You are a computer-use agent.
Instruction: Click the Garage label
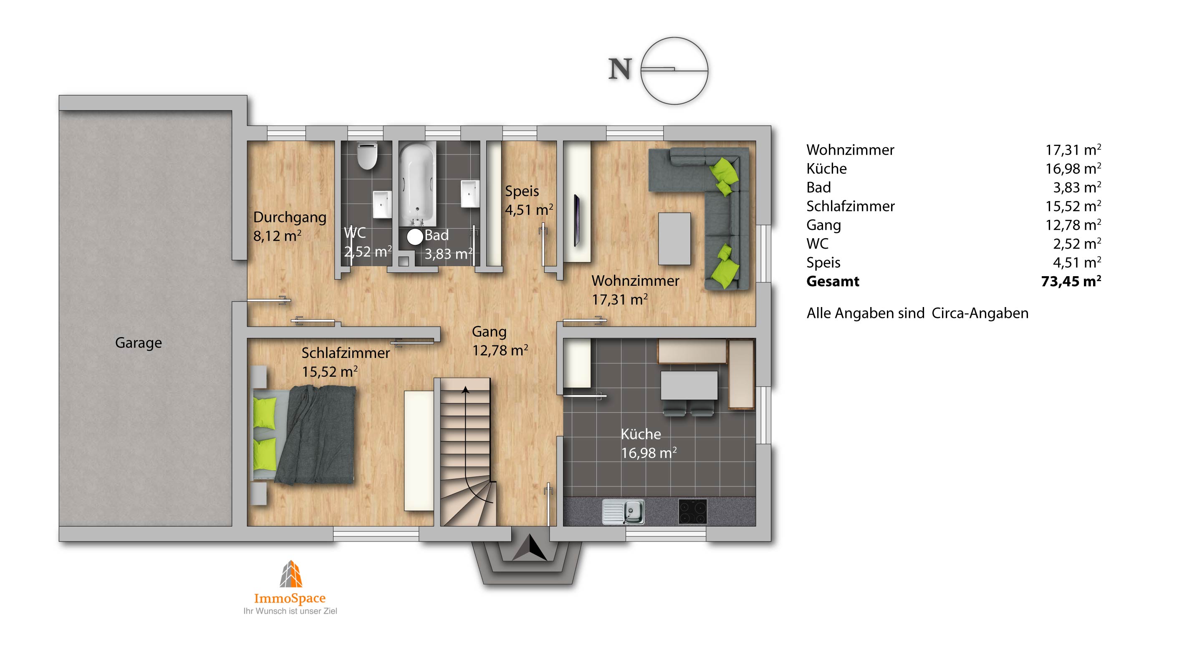[138, 343]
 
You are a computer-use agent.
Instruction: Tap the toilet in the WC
[367, 155]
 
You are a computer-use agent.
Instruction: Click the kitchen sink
[624, 511]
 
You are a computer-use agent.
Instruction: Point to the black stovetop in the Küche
[692, 511]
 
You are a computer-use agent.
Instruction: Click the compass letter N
[620, 70]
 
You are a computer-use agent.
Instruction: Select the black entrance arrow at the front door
[530, 547]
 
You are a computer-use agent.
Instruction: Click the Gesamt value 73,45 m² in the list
[1071, 281]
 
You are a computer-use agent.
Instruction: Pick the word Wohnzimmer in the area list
[850, 150]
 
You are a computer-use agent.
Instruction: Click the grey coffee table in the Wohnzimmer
[674, 239]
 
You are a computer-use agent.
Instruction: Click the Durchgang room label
[290, 217]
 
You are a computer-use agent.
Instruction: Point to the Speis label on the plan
[522, 191]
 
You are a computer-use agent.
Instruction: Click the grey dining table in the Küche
[689, 385]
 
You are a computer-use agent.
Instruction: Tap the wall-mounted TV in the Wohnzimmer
[576, 221]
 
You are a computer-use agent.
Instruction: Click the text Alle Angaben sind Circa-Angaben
[917, 314]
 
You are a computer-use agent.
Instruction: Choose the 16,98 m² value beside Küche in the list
[1073, 169]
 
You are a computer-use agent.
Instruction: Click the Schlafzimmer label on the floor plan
[346, 353]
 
